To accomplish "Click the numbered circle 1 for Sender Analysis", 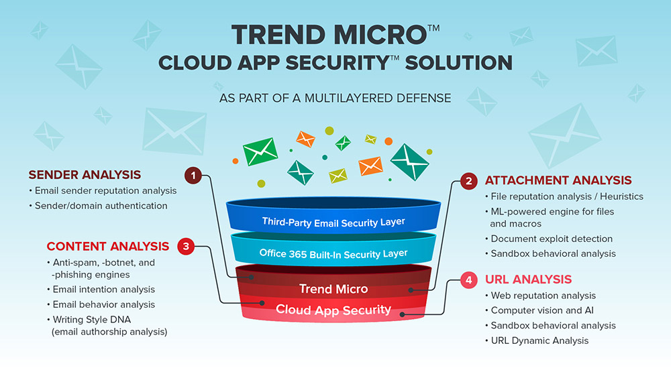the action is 193,176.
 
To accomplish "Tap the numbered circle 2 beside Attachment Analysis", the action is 468,181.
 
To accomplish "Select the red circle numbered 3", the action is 186,246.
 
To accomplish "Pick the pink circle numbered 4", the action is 468,280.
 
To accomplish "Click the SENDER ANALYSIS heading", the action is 85,175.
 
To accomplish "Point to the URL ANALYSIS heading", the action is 528,280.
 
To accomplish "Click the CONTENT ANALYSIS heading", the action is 108,246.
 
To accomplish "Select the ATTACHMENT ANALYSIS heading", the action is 558,180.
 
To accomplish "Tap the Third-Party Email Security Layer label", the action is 333,223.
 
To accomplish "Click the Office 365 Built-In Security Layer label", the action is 333,254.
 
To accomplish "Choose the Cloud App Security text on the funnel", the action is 333,310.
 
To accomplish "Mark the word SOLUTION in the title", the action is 459,63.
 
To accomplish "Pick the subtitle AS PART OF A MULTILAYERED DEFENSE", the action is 335,99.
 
